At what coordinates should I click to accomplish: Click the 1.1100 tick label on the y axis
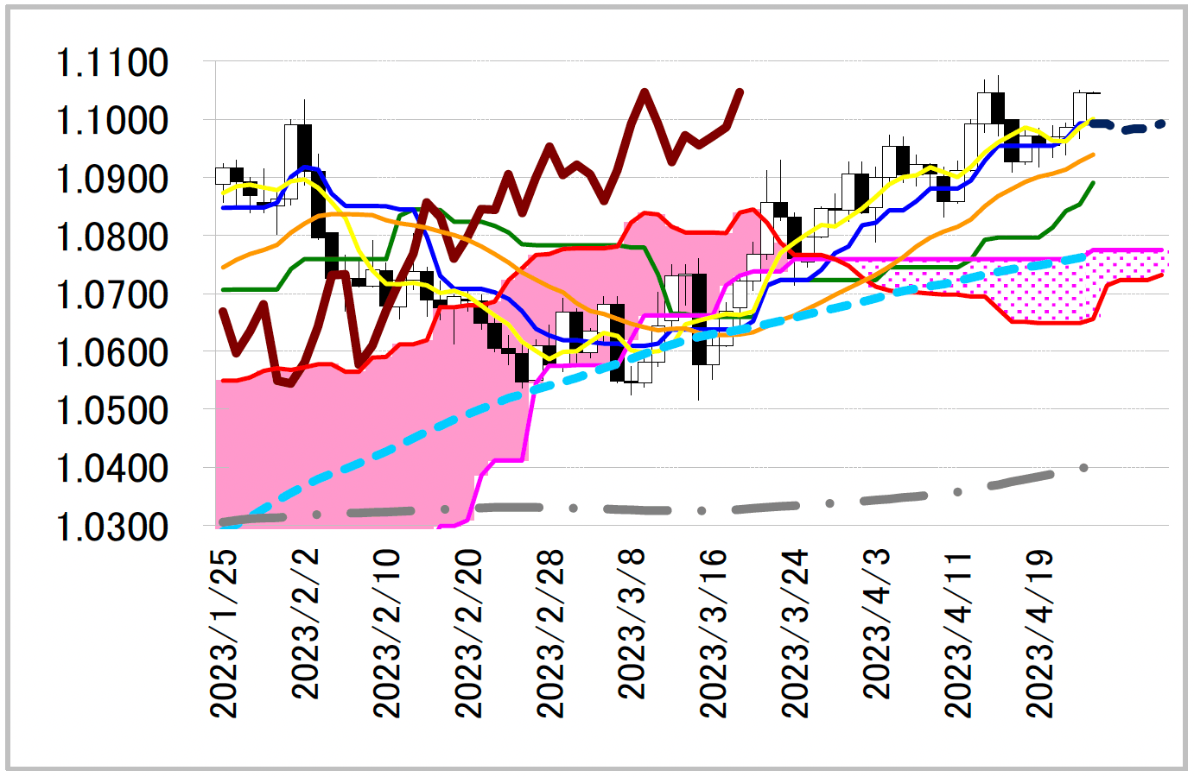tap(112, 63)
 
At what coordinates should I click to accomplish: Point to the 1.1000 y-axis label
tap(112, 121)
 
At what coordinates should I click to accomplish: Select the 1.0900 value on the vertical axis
tap(112, 180)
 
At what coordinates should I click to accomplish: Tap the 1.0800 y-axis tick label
tap(112, 237)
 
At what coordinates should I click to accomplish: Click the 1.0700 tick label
tap(112, 295)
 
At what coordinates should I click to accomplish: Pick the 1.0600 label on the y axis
tap(112, 353)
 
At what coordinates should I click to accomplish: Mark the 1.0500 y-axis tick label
tap(112, 411)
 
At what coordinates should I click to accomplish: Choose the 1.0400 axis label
tap(112, 469)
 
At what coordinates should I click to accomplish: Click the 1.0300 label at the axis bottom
tap(112, 527)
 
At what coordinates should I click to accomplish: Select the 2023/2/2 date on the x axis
tap(306, 623)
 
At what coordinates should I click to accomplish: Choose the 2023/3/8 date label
tap(632, 623)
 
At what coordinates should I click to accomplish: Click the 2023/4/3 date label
tap(876, 623)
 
